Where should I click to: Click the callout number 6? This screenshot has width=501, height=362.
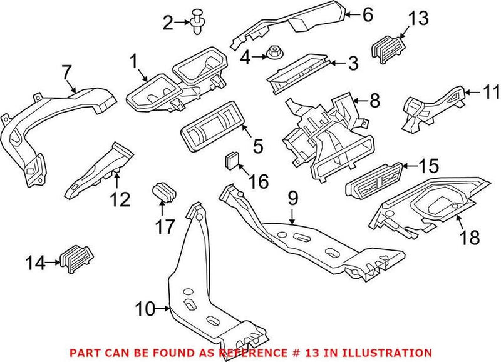(366, 12)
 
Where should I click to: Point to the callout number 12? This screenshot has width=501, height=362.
(120, 199)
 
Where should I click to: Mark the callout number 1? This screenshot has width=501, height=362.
(133, 61)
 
